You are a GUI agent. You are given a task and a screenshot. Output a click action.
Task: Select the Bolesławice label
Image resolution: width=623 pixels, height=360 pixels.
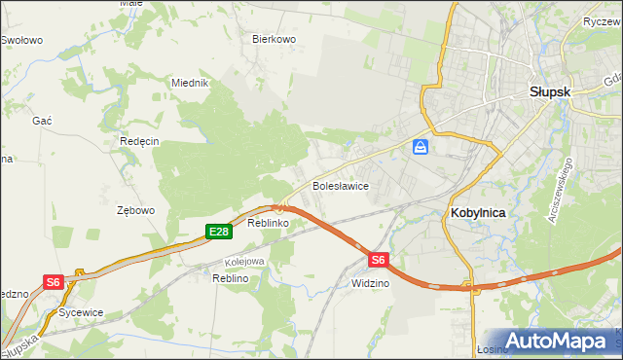tap(339, 185)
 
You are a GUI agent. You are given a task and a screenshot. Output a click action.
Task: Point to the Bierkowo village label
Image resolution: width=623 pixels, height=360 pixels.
tap(274, 40)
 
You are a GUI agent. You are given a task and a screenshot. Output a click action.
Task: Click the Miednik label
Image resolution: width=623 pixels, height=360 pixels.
tap(191, 83)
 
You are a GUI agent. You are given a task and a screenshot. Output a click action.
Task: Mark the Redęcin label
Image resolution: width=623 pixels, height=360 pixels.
tap(139, 141)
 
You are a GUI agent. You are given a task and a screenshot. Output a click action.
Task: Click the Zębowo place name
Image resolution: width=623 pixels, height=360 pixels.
tap(135, 210)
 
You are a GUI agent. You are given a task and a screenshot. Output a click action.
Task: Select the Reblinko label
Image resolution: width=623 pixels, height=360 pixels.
tap(269, 224)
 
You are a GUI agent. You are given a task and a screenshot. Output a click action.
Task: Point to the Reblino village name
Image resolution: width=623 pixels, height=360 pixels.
tap(231, 278)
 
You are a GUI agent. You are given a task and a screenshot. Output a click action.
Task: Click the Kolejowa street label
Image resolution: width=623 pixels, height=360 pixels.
tap(245, 261)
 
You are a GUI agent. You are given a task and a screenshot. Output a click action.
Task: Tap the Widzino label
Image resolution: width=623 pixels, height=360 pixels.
tap(370, 283)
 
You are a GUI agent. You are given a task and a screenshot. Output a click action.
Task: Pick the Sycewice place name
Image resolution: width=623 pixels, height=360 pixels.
tap(80, 312)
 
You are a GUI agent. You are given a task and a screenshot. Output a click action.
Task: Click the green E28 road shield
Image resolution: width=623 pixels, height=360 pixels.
tap(218, 231)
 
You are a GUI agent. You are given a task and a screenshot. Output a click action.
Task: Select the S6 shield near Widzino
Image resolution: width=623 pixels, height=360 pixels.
tap(379, 260)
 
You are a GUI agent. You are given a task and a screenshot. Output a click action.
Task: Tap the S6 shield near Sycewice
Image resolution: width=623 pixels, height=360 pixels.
tap(54, 282)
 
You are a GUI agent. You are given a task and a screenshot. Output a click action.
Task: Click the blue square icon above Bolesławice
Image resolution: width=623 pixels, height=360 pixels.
tap(421, 147)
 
